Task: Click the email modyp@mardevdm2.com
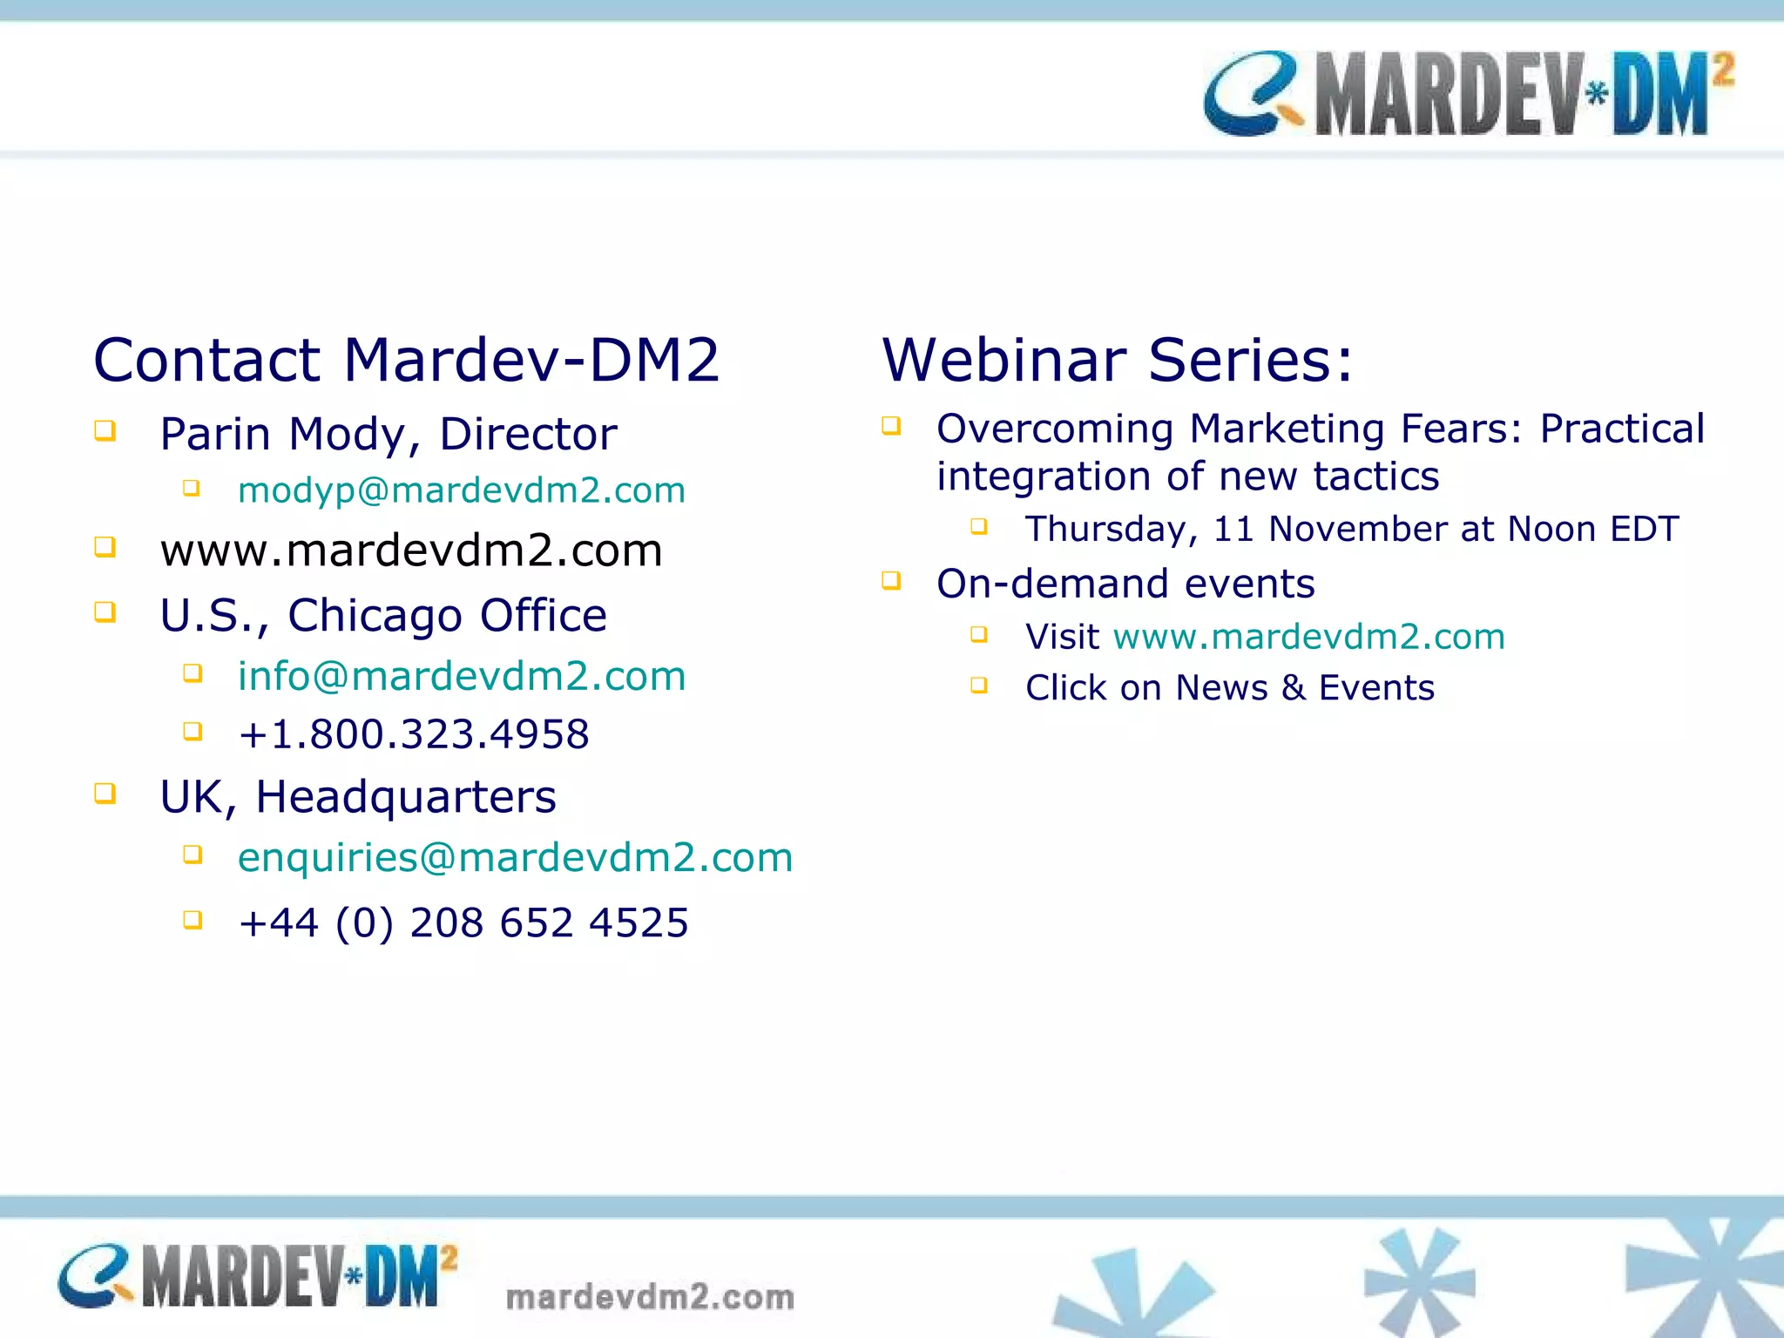461,490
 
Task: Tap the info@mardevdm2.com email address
461,677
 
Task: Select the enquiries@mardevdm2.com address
515,858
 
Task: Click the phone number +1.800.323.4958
414,734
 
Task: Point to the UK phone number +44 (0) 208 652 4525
463,923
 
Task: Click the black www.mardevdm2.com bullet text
411,551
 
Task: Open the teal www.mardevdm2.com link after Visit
1308,637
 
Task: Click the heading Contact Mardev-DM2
406,360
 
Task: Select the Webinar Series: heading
1118,360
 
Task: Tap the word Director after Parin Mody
528,435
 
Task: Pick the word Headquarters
405,797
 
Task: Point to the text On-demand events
1125,584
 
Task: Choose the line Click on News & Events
1229,688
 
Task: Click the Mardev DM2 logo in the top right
1469,94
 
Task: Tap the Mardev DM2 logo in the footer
258,1277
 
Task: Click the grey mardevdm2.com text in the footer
650,1297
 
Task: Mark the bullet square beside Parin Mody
105,431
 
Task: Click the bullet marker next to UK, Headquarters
105,794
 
